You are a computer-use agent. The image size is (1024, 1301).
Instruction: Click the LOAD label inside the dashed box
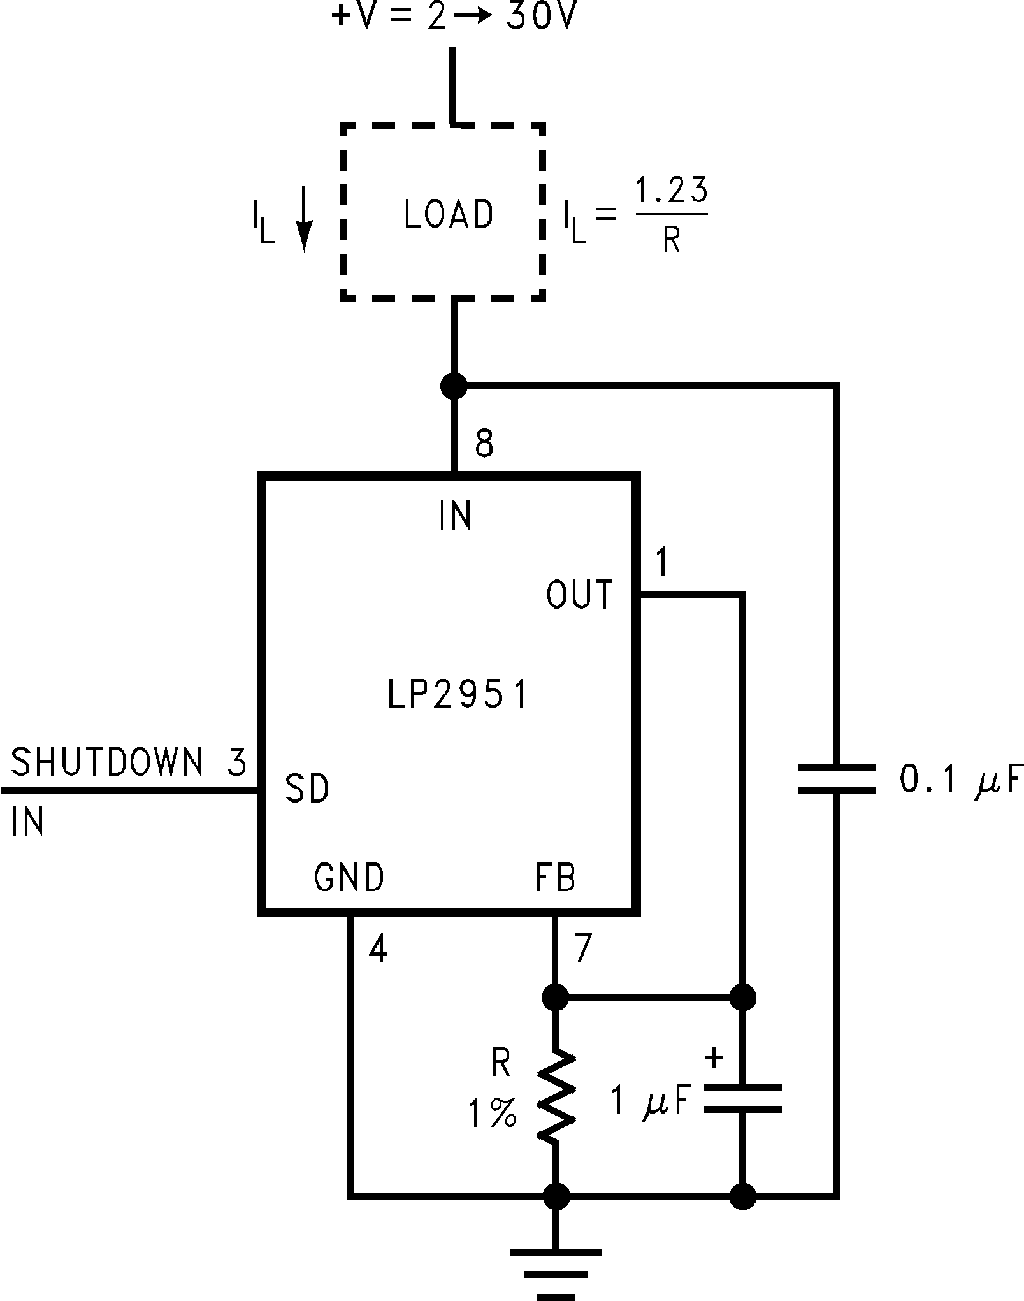tap(449, 214)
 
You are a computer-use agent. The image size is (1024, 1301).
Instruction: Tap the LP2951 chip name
tap(458, 695)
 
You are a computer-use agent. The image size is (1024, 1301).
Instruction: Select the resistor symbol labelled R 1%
tap(557, 1097)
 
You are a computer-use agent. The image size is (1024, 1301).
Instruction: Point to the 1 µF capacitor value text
tap(651, 1100)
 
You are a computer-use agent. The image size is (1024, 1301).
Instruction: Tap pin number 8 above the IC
tap(484, 442)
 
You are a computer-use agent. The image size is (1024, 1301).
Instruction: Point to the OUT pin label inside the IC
tap(579, 594)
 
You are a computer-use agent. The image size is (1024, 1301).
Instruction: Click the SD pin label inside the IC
tap(306, 789)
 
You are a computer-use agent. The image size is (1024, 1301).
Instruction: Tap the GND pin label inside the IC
tap(349, 877)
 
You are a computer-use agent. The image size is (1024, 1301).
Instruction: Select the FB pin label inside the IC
tap(555, 877)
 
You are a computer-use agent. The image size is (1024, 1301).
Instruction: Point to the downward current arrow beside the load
tap(304, 219)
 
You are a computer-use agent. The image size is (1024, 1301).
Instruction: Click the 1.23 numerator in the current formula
tap(672, 191)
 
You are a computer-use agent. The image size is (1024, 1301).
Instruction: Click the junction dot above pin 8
tap(454, 386)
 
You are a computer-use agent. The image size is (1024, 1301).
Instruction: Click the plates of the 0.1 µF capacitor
tap(837, 779)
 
